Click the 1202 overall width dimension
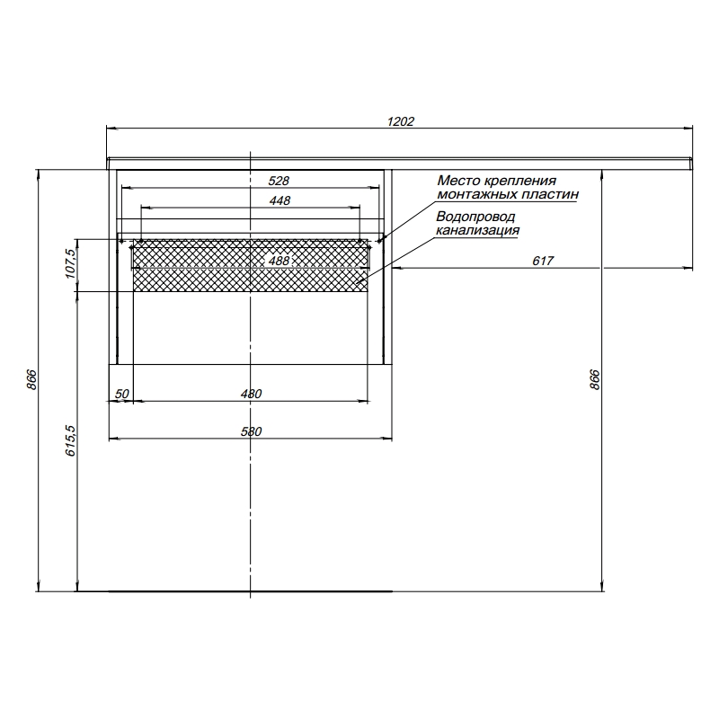400,121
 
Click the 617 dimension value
542,261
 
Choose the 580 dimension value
251,431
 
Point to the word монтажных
471,193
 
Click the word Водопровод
475,217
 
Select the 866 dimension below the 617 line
594,379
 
